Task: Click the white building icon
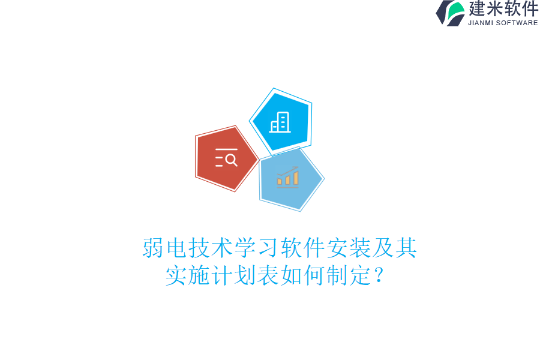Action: pos(280,122)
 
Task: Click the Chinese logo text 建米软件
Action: pos(503,9)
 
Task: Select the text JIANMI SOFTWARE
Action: pos(503,23)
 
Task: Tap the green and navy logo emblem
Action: pos(451,13)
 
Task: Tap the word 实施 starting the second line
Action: pos(187,275)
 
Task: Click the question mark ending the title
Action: pos(377,277)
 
